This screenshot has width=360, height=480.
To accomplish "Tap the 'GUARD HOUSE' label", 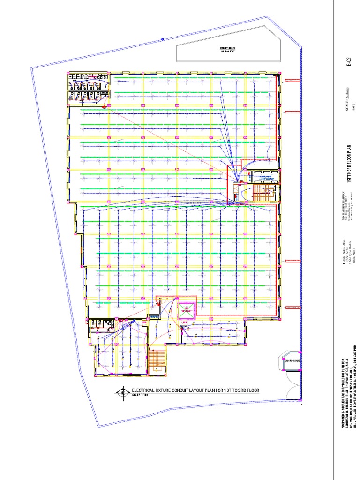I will (291, 360).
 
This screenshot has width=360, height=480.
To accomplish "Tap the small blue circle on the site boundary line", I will (162, 39).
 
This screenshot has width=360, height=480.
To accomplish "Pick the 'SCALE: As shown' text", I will (347, 101).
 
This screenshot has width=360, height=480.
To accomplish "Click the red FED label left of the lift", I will (145, 322).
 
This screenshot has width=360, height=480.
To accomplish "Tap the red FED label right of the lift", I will (185, 322).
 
